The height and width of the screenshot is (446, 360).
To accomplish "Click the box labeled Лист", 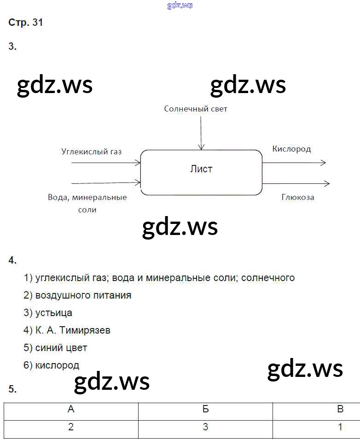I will click(201, 172).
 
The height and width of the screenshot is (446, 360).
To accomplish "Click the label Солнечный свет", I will click(196, 109).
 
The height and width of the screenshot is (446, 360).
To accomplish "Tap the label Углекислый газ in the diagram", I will click(91, 151).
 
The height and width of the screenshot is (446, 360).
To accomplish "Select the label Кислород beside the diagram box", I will click(291, 149).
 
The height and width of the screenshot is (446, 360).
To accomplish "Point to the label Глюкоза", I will click(298, 197).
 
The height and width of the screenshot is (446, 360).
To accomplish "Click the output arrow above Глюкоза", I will click(296, 183).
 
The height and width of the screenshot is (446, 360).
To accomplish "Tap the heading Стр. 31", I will click(26, 23).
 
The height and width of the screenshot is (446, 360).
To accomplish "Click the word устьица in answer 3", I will click(54, 313).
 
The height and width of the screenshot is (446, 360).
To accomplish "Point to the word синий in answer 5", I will click(48, 348).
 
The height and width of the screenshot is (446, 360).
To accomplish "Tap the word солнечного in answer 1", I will click(267, 278).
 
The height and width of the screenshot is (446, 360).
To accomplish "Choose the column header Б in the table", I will click(205, 410).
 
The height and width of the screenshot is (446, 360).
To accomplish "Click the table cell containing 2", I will click(71, 427).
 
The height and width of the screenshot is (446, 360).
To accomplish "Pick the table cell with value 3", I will click(205, 427).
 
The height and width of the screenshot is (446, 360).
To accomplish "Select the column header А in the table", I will click(71, 410).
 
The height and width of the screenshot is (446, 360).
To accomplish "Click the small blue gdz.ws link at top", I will click(180, 5).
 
